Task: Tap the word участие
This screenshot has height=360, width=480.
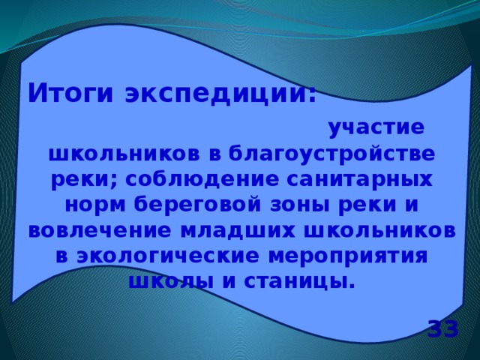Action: point(376,127)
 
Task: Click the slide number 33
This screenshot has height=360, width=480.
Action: point(442,328)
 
